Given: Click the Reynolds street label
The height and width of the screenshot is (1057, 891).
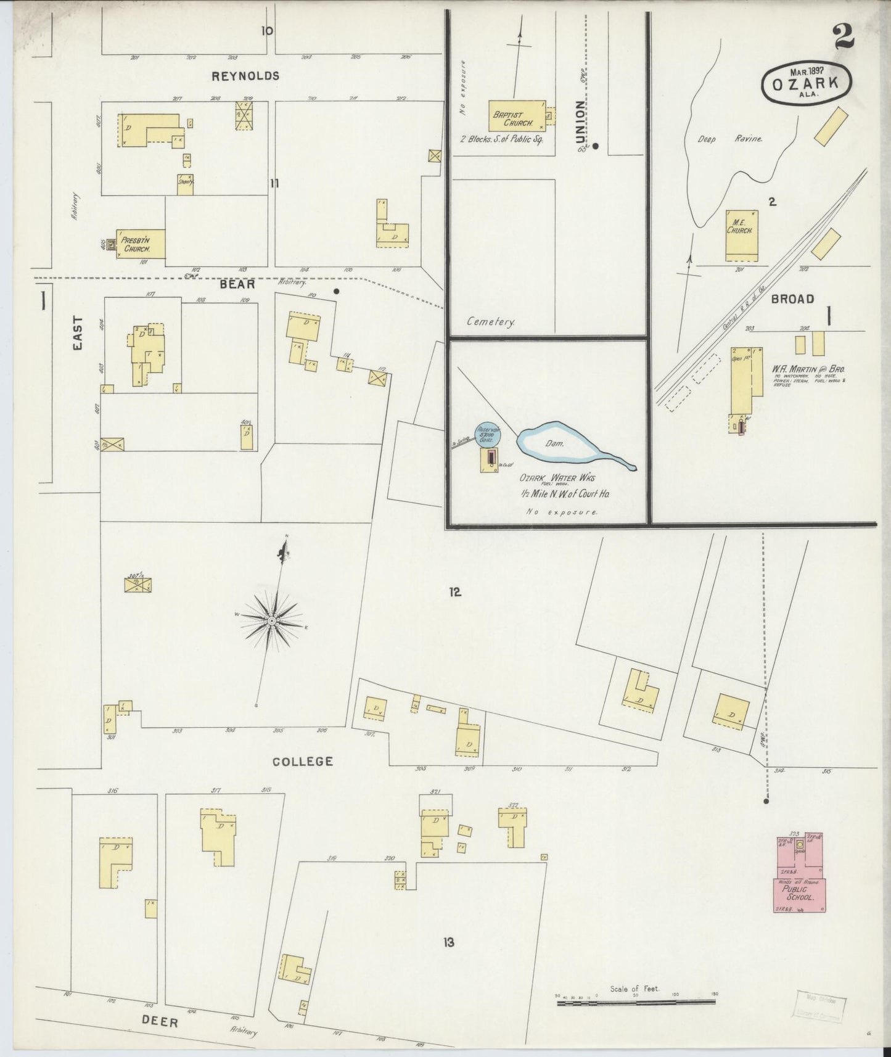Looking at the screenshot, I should (245, 76).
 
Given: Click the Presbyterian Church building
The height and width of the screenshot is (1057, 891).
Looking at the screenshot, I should (143, 244).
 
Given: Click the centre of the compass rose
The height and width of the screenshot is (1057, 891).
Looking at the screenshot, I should (271, 619).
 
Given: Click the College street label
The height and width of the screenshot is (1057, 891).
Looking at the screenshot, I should (303, 762).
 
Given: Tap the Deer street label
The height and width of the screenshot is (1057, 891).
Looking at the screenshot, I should (160, 1022).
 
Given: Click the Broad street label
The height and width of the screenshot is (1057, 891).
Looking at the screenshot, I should (792, 299).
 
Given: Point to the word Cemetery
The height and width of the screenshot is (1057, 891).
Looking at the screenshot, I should (491, 322).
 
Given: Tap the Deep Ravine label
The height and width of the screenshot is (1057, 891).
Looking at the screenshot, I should (730, 139).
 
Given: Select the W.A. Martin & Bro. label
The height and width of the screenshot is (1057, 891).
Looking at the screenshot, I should (808, 369).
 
